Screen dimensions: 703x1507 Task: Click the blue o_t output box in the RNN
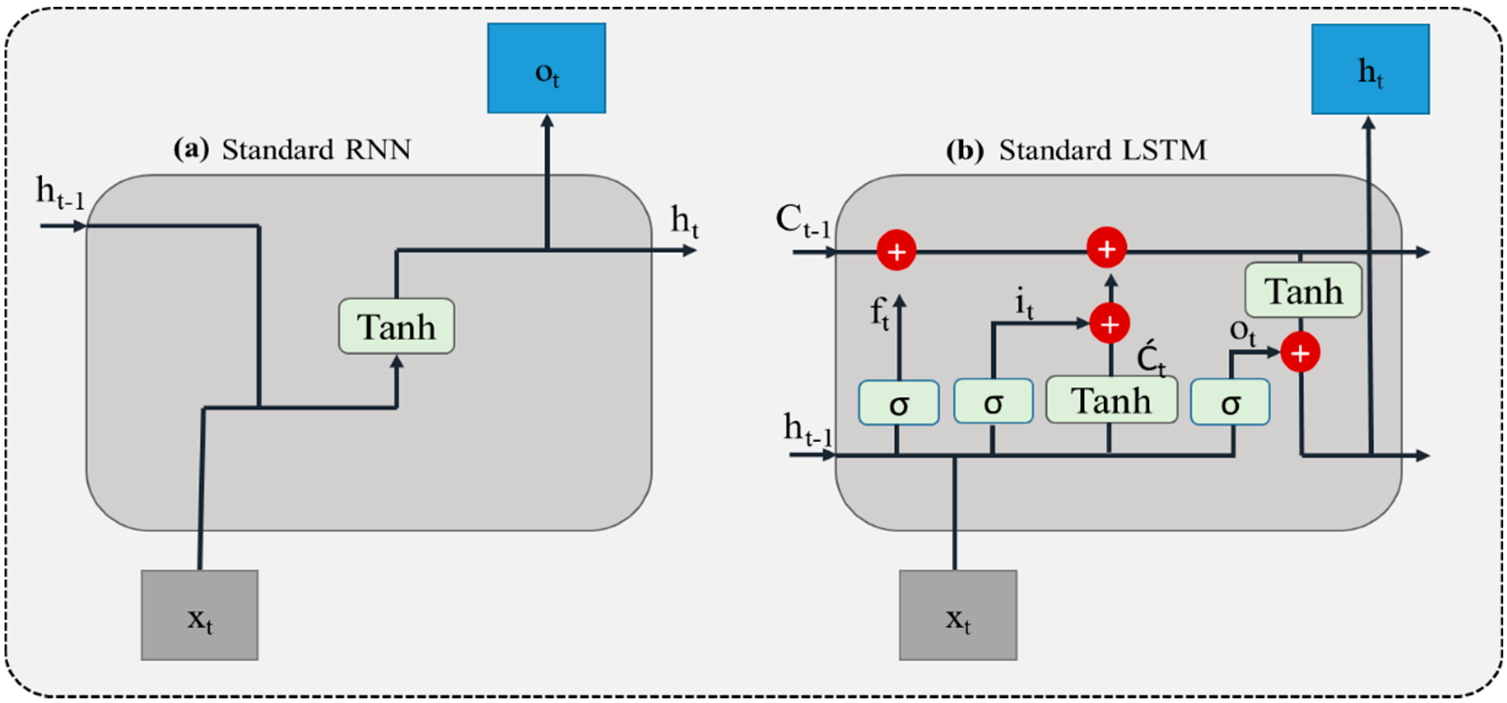pyautogui.click(x=547, y=68)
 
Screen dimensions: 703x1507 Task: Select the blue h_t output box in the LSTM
pyautogui.click(x=1370, y=69)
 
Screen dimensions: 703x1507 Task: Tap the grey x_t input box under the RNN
pyautogui.click(x=200, y=615)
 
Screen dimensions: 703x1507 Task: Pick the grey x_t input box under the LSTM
pyautogui.click(x=958, y=615)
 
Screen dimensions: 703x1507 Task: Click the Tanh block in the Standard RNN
pyautogui.click(x=396, y=326)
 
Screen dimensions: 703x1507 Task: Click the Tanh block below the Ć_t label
pyautogui.click(x=1111, y=400)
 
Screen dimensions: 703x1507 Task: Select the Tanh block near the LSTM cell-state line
pyautogui.click(x=1303, y=290)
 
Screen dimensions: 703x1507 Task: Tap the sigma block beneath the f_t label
pyautogui.click(x=899, y=403)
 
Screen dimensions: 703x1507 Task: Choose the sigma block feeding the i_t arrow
pyautogui.click(x=994, y=401)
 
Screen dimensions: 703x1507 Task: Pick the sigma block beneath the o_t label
pyautogui.click(x=1230, y=402)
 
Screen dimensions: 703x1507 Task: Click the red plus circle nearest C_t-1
pyautogui.click(x=896, y=251)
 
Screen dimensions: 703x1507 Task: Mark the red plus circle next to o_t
pyautogui.click(x=1300, y=353)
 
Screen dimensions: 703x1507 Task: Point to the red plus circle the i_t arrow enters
pyautogui.click(x=1109, y=323)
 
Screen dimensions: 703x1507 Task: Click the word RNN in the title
pyautogui.click(x=378, y=150)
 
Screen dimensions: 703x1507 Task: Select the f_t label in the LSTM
pyautogui.click(x=879, y=313)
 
